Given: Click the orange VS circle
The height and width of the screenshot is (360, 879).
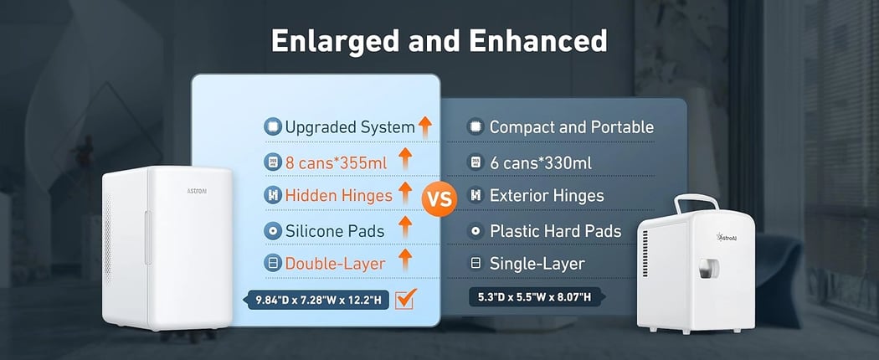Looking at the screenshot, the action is click(440, 198).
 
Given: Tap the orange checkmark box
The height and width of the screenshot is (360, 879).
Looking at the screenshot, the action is click(404, 299).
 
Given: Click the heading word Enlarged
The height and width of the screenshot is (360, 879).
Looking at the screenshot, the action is click(339, 41).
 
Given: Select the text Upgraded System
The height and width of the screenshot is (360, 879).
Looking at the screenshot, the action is click(350, 127).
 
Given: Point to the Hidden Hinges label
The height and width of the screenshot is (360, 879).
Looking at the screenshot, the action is click(338, 195).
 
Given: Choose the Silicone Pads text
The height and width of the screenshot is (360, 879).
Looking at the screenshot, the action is click(335, 231).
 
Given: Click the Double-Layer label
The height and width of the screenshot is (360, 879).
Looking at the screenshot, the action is click(335, 264).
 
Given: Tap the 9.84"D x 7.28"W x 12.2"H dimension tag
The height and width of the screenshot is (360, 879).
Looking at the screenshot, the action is click(318, 300).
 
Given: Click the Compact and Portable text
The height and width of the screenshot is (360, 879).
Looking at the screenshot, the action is click(571, 127).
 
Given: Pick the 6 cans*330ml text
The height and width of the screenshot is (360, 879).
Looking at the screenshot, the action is click(541, 163).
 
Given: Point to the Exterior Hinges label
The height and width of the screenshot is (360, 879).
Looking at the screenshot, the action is click(547, 195).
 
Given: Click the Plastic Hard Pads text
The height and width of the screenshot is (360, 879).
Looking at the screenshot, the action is click(555, 231).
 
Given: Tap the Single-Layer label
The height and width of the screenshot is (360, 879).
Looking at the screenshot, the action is click(537, 264).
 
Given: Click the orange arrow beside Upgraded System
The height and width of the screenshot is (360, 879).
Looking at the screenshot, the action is click(425, 126).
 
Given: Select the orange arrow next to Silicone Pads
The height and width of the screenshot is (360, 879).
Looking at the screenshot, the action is click(404, 227).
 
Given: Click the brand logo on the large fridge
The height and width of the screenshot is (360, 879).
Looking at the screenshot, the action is click(196, 191).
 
